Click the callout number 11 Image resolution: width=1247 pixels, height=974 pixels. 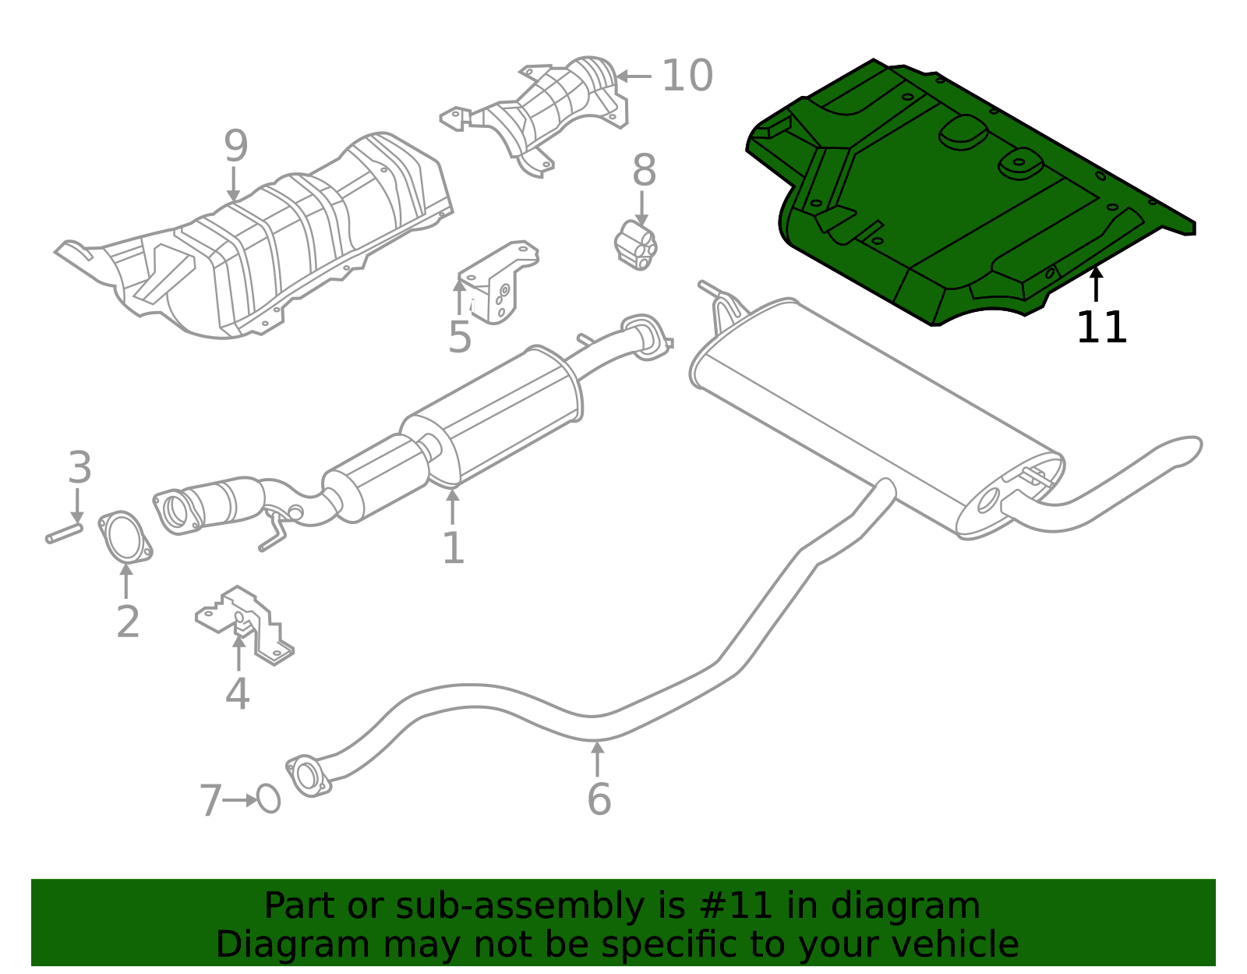(1101, 328)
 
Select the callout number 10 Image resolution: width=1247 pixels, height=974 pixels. (687, 76)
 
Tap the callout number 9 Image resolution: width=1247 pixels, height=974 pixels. (235, 147)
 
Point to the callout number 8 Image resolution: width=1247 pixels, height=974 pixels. (644, 170)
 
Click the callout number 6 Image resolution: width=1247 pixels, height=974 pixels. (599, 799)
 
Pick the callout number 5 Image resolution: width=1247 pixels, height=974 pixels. (460, 337)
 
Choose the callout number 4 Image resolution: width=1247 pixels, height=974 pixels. (237, 694)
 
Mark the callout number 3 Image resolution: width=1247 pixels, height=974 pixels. (79, 468)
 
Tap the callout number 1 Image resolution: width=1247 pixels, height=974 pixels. (453, 547)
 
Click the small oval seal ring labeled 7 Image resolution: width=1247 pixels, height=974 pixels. (268, 799)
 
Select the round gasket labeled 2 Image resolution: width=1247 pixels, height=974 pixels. (124, 537)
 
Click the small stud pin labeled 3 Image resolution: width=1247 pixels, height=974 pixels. (64, 534)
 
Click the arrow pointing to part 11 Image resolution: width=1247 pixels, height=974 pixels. (1096, 283)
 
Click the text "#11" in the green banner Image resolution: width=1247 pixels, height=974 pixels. (737, 906)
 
